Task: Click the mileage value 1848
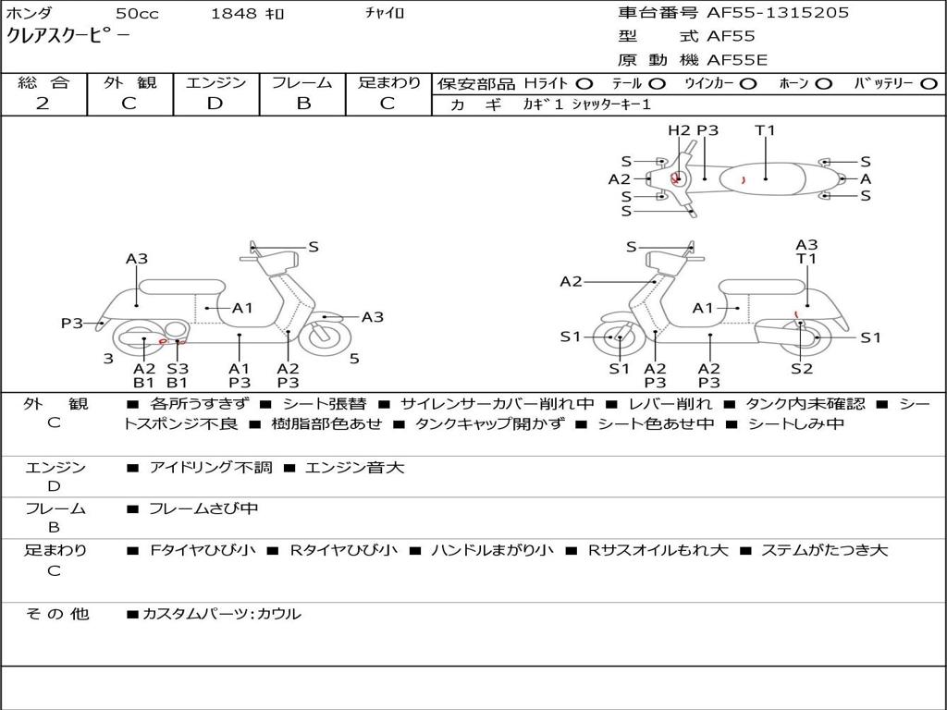click(x=235, y=14)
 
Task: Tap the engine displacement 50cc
click(x=136, y=14)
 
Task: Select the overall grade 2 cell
click(x=43, y=104)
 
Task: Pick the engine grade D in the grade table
click(x=215, y=104)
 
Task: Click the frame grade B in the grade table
click(x=303, y=104)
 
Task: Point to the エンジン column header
click(x=215, y=83)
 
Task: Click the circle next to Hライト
click(x=584, y=83)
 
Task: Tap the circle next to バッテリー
click(x=929, y=83)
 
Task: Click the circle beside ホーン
click(x=824, y=83)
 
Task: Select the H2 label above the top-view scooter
click(x=680, y=130)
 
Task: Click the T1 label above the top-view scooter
click(x=765, y=130)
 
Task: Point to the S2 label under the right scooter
click(x=802, y=369)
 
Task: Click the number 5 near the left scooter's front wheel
click(x=354, y=358)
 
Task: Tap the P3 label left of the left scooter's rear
click(x=72, y=324)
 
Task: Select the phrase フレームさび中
click(x=203, y=508)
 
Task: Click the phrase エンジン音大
click(x=354, y=468)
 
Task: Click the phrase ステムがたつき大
click(x=824, y=550)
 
